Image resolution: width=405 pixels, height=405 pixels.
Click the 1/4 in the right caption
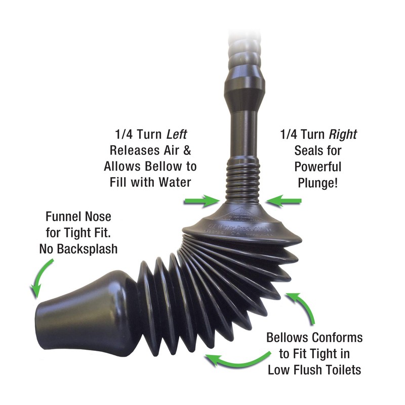290,135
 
